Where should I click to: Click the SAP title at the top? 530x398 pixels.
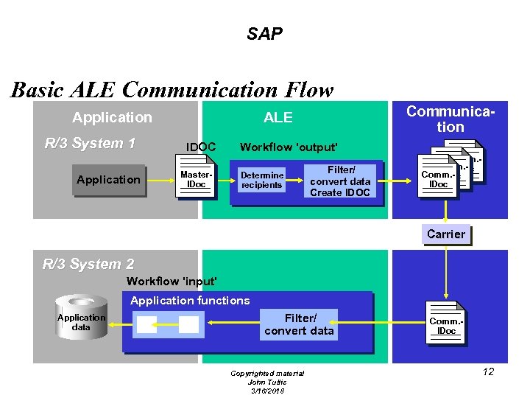[x=264, y=34]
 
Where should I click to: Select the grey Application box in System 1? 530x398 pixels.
[x=108, y=180]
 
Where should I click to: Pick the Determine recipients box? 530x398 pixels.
[x=262, y=180]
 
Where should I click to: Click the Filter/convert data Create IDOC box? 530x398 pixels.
[x=340, y=181]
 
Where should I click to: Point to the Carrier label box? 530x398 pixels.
[x=446, y=234]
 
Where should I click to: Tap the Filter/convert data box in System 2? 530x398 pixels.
[x=299, y=324]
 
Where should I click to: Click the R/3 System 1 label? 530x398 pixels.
[x=90, y=143]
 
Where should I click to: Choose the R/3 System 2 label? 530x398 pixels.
[x=88, y=264]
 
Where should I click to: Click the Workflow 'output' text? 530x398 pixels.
[x=289, y=147]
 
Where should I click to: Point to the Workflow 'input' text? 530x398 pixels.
[x=172, y=282]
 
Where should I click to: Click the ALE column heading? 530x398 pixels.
[x=278, y=117]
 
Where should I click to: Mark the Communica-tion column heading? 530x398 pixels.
[x=451, y=119]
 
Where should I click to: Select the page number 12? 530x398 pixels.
[x=488, y=371]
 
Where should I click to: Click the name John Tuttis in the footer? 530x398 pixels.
[x=267, y=382]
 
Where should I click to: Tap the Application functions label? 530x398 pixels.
[x=190, y=301]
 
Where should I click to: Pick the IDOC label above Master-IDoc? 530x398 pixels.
[x=201, y=147]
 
